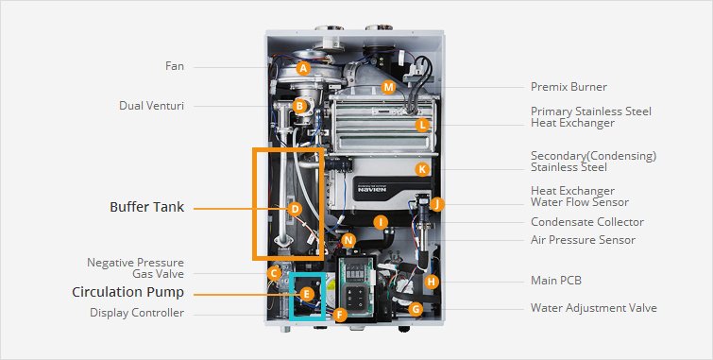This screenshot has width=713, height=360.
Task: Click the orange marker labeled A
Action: (x=303, y=68)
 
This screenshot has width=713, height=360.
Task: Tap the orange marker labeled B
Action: (x=299, y=106)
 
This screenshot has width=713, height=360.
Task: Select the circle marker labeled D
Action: (x=295, y=209)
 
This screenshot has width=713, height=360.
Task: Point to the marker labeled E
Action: (x=305, y=295)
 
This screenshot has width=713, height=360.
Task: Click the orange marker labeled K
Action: (x=422, y=169)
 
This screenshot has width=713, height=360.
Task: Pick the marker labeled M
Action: (x=388, y=88)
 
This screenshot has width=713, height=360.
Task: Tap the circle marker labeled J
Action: (x=436, y=203)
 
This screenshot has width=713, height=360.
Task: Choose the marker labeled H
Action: (x=432, y=282)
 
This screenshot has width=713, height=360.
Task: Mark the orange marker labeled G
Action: (x=416, y=309)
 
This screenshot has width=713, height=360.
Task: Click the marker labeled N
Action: (x=348, y=241)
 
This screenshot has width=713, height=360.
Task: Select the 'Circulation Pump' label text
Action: (x=127, y=292)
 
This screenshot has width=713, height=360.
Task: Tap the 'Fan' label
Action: (x=175, y=66)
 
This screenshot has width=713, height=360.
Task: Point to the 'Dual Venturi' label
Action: (x=151, y=105)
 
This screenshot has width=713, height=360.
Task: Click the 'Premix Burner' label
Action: (x=569, y=87)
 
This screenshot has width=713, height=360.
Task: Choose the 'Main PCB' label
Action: (x=557, y=281)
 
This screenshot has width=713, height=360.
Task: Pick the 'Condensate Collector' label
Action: (x=586, y=222)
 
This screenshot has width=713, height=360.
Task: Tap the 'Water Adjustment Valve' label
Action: (x=593, y=308)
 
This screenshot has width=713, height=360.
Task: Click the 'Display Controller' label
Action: (x=137, y=313)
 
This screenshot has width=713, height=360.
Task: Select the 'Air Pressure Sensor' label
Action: (x=583, y=240)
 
